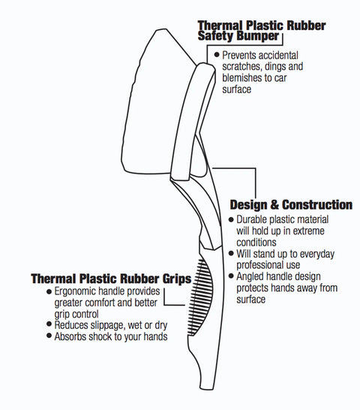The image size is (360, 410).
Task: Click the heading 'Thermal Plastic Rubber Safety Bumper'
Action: (262, 31)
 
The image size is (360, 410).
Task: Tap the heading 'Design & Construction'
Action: (291, 205)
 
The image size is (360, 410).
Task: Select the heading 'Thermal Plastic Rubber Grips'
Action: (111, 279)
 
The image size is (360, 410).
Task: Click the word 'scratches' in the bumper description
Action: (242, 66)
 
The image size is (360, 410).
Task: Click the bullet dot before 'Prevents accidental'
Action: (217, 55)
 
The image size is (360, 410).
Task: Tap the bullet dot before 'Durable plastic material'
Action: (231, 219)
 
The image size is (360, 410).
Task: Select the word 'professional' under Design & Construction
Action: (259, 265)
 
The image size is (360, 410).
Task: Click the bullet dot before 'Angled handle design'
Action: (231, 276)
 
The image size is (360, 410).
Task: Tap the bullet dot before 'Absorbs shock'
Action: (49, 336)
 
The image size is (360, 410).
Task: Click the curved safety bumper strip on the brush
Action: (192, 120)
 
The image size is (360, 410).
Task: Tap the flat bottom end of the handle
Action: (208, 388)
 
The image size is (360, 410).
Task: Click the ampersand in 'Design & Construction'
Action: (274, 205)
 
